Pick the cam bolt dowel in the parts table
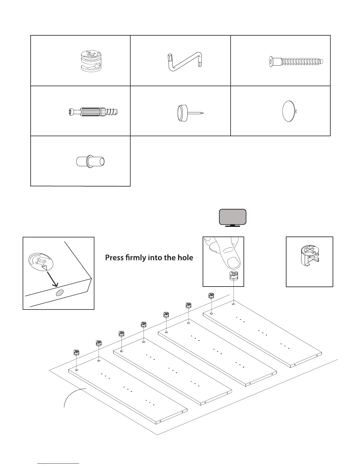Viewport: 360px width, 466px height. tap(94, 112)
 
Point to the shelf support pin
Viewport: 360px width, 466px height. tap(90, 161)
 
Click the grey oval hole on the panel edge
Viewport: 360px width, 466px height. tap(60, 293)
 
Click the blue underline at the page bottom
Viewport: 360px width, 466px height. tap(59, 463)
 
